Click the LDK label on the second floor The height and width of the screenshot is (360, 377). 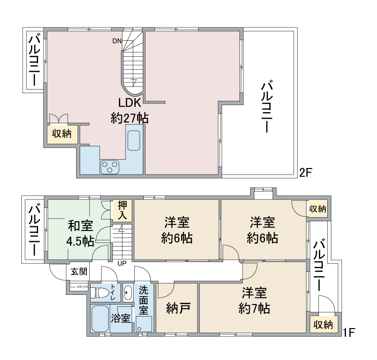click(129, 103)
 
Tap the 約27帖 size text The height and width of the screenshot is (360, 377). click(129, 118)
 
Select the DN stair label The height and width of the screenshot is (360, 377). click(117, 41)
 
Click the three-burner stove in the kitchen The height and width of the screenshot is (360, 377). click(110, 167)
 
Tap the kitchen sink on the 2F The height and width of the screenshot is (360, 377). click(134, 141)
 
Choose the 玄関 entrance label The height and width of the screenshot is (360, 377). click(79, 271)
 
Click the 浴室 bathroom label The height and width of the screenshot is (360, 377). click(121, 318)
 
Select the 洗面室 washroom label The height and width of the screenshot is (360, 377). click(144, 300)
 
